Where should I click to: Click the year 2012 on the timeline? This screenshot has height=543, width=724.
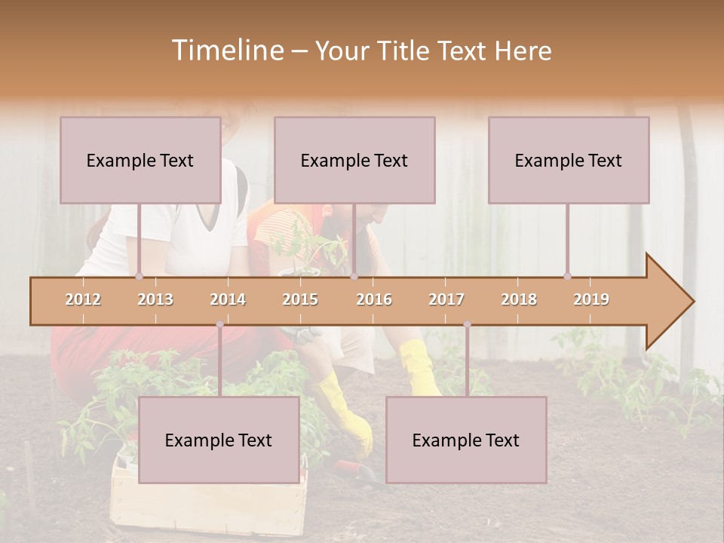83,299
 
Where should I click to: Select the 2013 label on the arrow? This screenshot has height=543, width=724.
155,299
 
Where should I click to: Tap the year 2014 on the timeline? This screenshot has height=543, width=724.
228,299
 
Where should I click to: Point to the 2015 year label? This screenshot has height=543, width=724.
300,299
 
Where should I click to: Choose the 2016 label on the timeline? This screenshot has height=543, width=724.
374,299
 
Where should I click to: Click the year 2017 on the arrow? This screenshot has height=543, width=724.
446,299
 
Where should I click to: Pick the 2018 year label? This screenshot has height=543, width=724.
519,299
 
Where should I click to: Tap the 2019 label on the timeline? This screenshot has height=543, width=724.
591,299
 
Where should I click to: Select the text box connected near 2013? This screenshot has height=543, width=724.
140,160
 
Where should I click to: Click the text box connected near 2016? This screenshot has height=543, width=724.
354,160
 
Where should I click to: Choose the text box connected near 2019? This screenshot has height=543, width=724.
569,160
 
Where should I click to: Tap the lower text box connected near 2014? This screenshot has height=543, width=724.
219,440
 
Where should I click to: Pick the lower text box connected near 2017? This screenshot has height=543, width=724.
466,440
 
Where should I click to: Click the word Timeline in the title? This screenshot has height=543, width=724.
226,51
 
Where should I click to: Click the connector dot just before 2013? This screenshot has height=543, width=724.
139,276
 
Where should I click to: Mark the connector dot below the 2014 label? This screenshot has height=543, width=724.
219,324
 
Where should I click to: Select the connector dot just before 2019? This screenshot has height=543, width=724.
567,276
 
